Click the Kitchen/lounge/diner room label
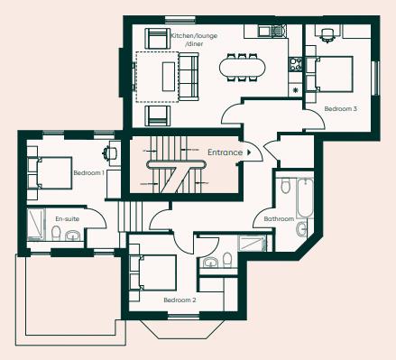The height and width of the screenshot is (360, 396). tap(194, 39)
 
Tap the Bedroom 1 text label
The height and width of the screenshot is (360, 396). tap(88, 172)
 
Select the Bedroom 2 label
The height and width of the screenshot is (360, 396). tap(180, 300)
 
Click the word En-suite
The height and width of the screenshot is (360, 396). tap(67, 219)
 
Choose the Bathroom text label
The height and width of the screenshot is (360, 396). tap(279, 218)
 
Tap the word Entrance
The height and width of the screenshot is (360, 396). tap(226, 152)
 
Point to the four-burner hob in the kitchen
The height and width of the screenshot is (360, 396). tap(294, 65)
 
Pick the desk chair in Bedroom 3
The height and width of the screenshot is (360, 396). tap(327, 34)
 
